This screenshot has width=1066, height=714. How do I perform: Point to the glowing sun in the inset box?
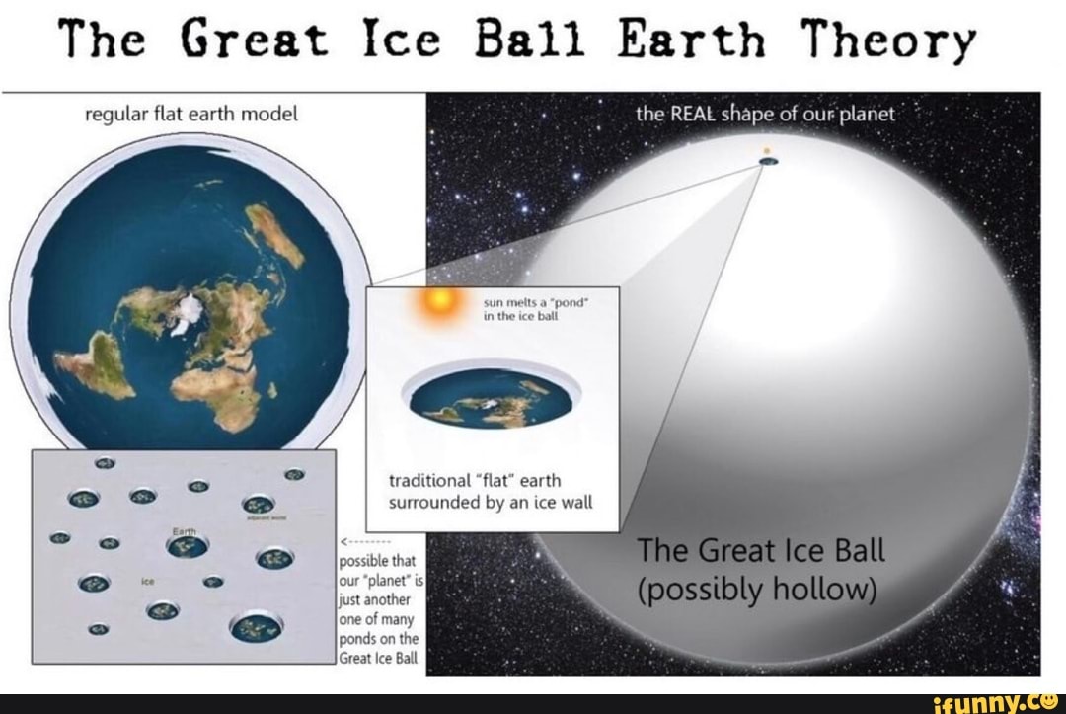click(435, 306)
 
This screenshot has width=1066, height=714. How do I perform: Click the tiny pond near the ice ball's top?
click(767, 159)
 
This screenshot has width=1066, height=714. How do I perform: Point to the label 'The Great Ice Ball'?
click(761, 550)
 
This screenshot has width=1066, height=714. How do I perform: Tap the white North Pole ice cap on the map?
click(184, 314)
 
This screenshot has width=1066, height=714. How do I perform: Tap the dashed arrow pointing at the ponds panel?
click(366, 541)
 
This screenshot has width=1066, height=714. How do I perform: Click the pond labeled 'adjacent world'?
click(258, 504)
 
